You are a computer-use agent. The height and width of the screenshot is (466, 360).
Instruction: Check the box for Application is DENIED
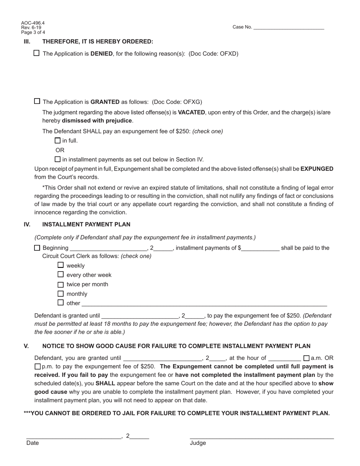[36, 53]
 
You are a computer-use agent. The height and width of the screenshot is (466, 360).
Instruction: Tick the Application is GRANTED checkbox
[37, 101]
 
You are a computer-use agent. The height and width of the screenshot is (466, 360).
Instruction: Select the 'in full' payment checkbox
[58, 141]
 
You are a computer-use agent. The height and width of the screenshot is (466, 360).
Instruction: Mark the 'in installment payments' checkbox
[58, 159]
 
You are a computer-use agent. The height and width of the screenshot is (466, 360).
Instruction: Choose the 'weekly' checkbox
[61, 265]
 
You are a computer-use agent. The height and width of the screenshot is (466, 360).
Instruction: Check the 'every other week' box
[61, 274]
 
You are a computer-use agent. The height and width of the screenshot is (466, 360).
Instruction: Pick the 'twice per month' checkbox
[61, 284]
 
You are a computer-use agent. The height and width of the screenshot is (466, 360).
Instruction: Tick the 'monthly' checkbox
[61, 294]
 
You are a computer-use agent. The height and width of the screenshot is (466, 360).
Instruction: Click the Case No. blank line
[288, 27]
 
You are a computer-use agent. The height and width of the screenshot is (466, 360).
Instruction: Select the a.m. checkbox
[307, 358]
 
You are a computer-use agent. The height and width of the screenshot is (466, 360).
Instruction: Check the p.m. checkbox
[37, 366]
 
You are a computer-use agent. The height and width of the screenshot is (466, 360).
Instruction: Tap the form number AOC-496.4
[33, 23]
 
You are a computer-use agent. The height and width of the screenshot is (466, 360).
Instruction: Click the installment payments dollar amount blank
[260, 249]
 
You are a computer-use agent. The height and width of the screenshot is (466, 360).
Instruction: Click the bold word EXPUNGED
[317, 169]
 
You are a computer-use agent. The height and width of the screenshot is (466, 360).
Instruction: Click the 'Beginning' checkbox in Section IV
[37, 248]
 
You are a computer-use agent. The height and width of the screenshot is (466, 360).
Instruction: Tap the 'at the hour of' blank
[284, 358]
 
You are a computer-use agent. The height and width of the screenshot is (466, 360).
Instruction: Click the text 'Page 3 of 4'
[33, 32]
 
